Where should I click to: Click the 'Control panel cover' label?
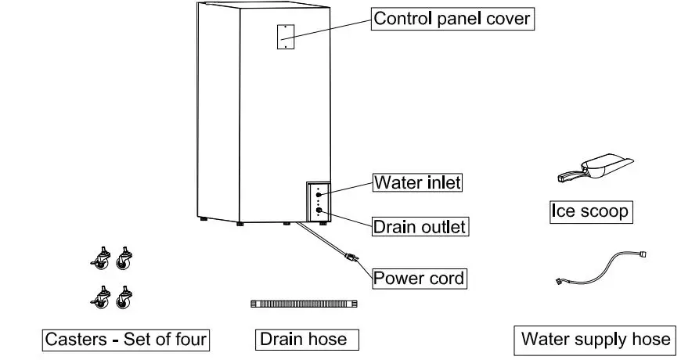pos(452,19)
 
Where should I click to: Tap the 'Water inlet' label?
pos(417,183)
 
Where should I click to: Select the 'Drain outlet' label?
pos(419,228)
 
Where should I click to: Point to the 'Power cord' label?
pos(419,278)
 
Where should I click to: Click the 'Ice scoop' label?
pos(589,211)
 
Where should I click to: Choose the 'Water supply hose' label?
pos(596,339)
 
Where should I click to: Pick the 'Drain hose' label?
pos(303,339)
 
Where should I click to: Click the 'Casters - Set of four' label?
pos(126,339)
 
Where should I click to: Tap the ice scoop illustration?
pos(594,169)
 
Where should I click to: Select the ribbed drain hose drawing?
pos(303,303)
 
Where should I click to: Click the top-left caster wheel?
pos(101,257)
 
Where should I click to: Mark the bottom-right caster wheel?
pos(124,298)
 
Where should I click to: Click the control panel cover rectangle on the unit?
pos(285,35)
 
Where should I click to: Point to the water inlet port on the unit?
pos(319,193)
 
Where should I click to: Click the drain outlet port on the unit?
pos(319,209)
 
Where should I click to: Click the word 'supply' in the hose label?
pos(599,340)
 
